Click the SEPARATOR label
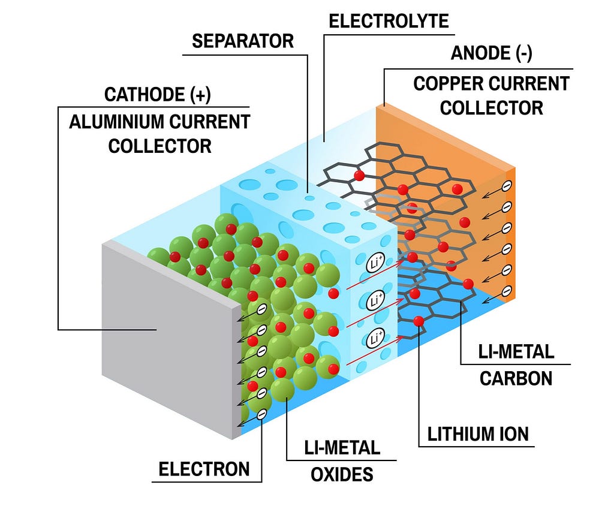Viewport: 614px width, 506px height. click(243, 41)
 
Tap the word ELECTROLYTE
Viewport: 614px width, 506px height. click(389, 21)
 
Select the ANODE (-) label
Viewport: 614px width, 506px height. click(492, 53)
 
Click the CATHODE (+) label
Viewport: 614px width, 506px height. click(158, 95)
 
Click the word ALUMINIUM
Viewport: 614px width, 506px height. click(116, 122)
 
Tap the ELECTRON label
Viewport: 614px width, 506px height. click(204, 469)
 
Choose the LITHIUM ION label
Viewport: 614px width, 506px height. click(478, 434)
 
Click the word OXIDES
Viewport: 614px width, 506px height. click(342, 475)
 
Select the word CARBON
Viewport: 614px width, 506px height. click(516, 379)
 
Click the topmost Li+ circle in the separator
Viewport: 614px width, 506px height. click(375, 263)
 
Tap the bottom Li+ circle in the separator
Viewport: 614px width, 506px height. click(375, 338)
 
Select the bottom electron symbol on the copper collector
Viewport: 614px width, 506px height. click(507, 291)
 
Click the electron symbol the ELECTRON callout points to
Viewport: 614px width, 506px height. click(262, 414)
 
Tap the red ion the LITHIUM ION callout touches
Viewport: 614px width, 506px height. click(419, 321)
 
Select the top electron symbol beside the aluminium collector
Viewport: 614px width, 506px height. click(262, 309)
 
